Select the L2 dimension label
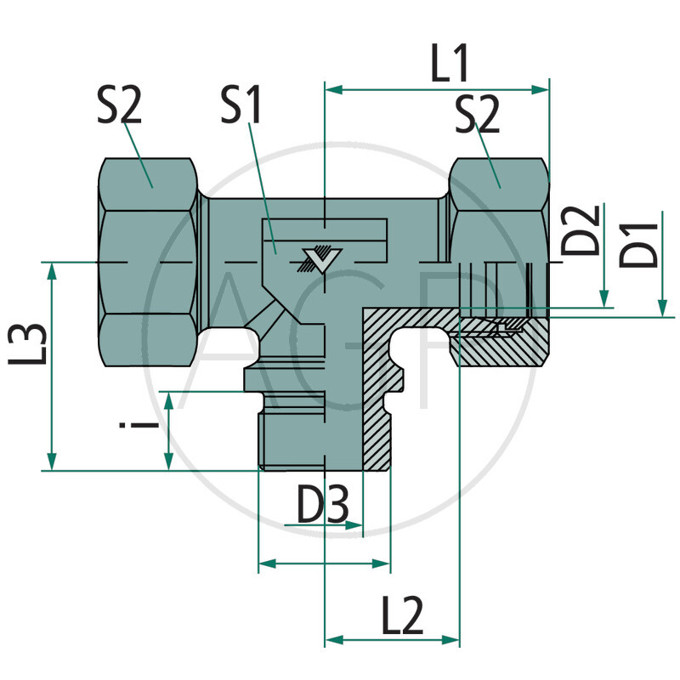click(402, 618)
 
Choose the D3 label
click(322, 507)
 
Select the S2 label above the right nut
click(477, 114)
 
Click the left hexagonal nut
click(149, 263)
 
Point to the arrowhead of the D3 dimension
click(356, 525)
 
